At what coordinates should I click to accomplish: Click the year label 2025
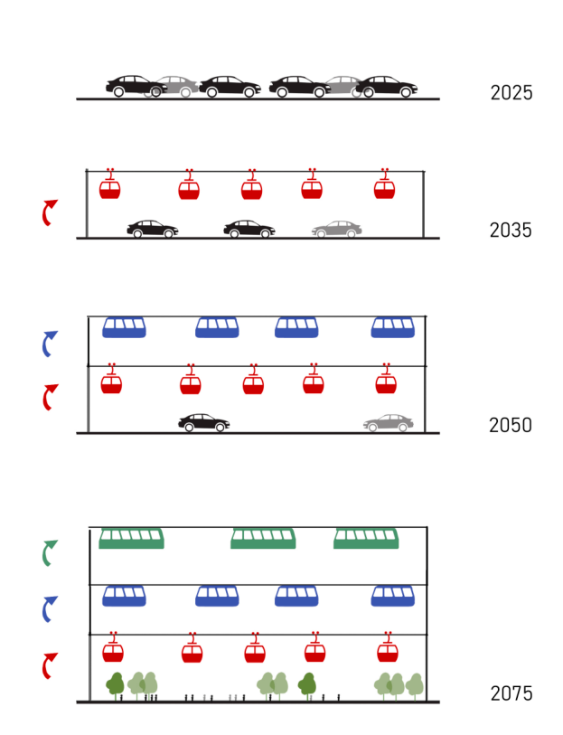click(511, 93)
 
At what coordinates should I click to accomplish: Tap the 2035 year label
click(511, 231)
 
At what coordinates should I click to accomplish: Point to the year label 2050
click(511, 426)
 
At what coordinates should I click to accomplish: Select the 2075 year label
click(511, 694)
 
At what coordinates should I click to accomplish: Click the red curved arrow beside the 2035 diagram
click(49, 213)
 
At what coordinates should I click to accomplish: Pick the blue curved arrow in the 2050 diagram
click(49, 344)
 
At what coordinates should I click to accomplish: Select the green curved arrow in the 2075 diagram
click(49, 553)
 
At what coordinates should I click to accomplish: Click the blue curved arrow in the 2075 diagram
click(49, 608)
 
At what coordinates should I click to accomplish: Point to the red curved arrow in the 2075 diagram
click(49, 666)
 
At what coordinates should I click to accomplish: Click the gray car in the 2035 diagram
click(337, 230)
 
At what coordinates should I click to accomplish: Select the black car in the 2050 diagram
click(204, 423)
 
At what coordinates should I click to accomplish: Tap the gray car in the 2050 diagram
click(389, 423)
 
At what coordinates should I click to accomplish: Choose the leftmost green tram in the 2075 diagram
click(131, 539)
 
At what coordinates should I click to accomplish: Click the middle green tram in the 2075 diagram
click(263, 539)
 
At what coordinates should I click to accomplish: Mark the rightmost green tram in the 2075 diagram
click(366, 539)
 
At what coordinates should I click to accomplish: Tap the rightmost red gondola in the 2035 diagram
click(384, 188)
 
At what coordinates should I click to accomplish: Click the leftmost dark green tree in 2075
click(115, 684)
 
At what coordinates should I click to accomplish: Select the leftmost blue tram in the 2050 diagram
click(124, 327)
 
